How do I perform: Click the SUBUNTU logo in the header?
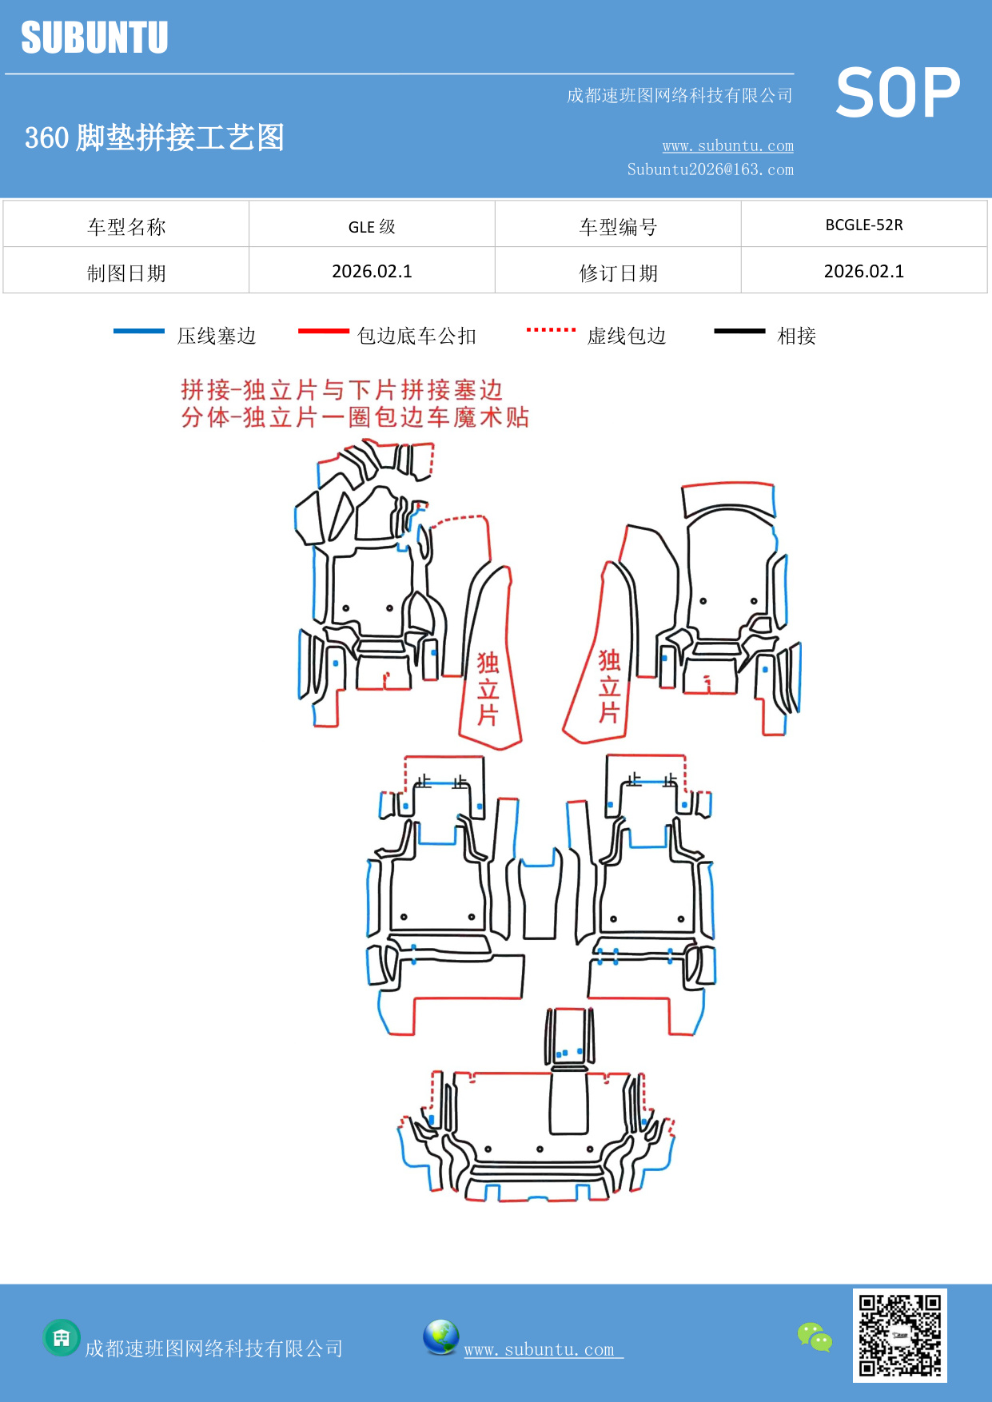click(94, 38)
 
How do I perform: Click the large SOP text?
click(898, 94)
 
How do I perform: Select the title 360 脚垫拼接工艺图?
click(154, 137)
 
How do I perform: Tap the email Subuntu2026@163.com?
click(710, 169)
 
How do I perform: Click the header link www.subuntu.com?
click(727, 145)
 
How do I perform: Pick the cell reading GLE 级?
click(372, 226)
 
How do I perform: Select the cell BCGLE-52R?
click(864, 225)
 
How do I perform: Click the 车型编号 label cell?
click(618, 227)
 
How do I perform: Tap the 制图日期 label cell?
click(126, 273)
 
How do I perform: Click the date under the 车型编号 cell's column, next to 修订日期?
click(864, 272)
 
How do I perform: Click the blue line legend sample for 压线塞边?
click(139, 331)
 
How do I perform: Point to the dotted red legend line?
click(551, 329)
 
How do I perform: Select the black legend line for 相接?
click(739, 331)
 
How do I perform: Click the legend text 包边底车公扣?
click(416, 336)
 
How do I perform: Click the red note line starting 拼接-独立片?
click(341, 390)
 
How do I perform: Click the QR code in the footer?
click(899, 1335)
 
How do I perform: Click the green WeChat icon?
click(815, 1336)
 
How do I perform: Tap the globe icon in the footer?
click(440, 1337)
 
